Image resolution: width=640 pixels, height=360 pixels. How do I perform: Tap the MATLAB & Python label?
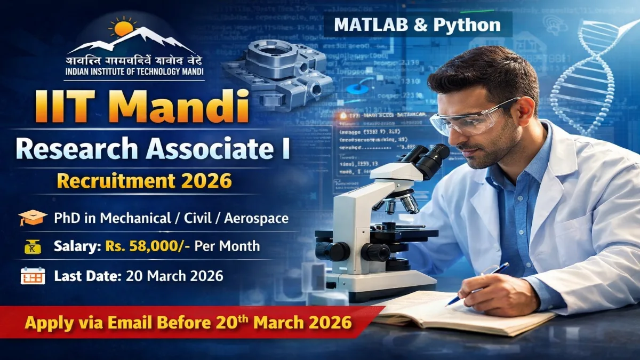[x=418, y=25]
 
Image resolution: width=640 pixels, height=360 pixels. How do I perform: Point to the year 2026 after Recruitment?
[x=209, y=181]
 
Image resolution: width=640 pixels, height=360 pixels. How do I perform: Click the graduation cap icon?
[x=33, y=218]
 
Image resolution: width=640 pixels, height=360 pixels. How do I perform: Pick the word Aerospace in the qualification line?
[x=257, y=218]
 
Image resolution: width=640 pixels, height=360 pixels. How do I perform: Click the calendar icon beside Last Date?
[x=32, y=276]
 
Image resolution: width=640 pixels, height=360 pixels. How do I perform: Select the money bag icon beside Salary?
[x=33, y=246]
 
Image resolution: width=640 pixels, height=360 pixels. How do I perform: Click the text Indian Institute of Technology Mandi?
[x=134, y=72]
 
